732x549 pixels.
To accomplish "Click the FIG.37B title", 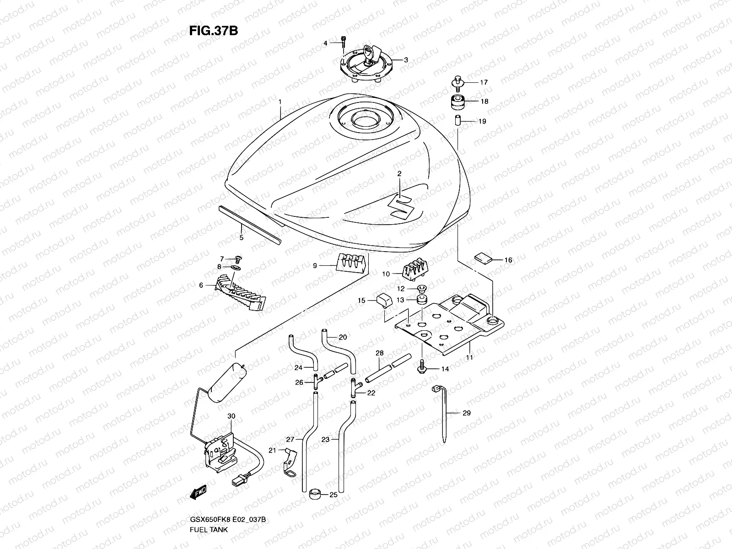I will point(213,30).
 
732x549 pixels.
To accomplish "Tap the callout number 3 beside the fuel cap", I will point(406,60).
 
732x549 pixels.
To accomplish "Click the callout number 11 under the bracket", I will point(469,357).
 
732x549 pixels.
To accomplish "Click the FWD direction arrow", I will point(199,493).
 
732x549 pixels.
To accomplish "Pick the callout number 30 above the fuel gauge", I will point(231,416).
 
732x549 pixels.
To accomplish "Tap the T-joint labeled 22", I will point(354,388).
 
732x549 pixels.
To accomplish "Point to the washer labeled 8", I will point(236,266).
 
